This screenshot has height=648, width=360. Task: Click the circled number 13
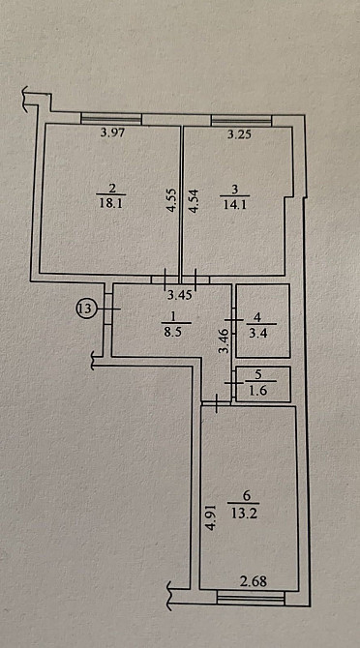[x=85, y=309]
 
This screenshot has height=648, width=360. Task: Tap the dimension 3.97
[x=114, y=133]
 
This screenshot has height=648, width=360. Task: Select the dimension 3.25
[x=239, y=134]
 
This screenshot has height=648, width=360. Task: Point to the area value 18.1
[x=111, y=204]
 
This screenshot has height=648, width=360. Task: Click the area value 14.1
[x=234, y=205]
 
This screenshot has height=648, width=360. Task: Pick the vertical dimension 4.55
[x=172, y=200]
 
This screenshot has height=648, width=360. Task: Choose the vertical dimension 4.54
[x=194, y=201]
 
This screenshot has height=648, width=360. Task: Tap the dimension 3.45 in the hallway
[x=180, y=296]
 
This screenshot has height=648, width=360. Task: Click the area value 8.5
[x=172, y=332]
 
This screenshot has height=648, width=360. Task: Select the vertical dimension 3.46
[x=225, y=340]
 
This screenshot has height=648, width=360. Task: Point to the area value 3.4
[x=258, y=333]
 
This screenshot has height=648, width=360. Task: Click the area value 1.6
[x=258, y=390]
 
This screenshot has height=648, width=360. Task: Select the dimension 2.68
[x=254, y=581]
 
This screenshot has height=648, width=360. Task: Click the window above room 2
[x=111, y=119]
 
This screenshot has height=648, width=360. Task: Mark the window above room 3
[x=241, y=120]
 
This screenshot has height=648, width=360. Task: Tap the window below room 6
[x=251, y=598]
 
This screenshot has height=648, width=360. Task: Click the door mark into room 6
[x=216, y=403]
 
